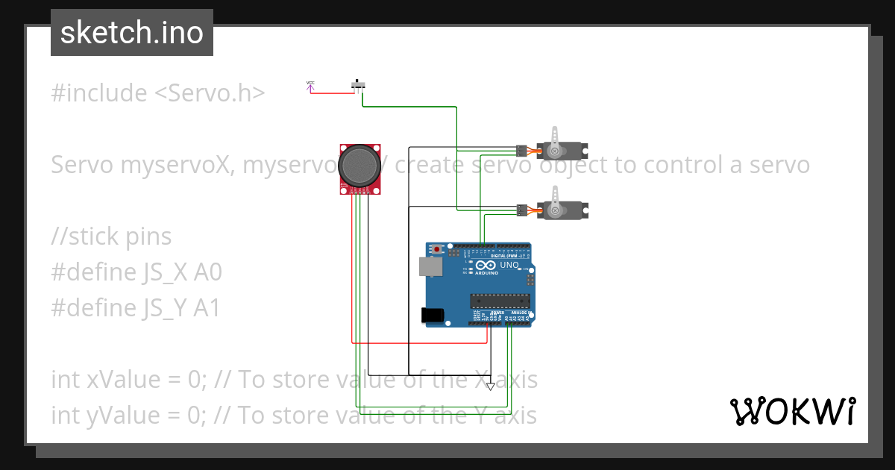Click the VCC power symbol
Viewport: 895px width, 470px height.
(x=310, y=87)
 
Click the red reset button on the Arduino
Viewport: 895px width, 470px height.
(x=437, y=249)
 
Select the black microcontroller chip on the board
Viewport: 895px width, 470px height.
(x=500, y=301)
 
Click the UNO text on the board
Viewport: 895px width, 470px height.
(x=509, y=265)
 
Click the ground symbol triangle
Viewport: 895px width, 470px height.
(x=490, y=386)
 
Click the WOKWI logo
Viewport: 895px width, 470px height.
(x=792, y=411)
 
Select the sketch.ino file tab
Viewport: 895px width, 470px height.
(x=132, y=33)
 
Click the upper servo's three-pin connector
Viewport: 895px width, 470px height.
(x=521, y=150)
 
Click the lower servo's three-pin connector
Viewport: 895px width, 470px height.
(x=521, y=211)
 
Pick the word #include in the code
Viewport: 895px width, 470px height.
(x=99, y=93)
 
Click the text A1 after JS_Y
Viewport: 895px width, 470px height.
(x=207, y=308)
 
